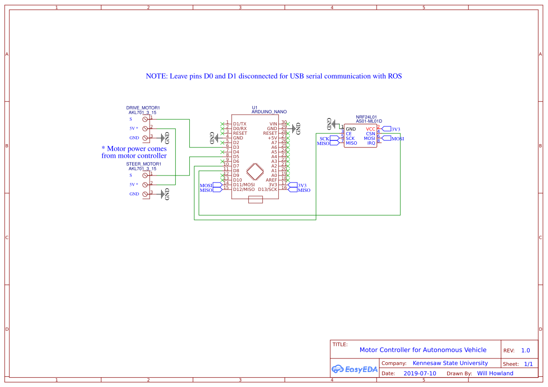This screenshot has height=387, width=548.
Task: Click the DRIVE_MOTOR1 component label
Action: click(143, 108)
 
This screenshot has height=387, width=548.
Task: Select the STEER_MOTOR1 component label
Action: click(143, 164)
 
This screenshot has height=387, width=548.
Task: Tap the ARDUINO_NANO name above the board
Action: click(269, 112)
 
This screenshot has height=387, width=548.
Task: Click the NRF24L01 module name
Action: click(367, 117)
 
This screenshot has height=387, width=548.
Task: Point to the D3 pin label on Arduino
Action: click(236, 147)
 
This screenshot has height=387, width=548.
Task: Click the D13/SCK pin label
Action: click(267, 190)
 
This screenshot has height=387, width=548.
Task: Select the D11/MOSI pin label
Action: click(244, 185)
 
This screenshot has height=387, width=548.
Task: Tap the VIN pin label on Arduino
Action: click(273, 124)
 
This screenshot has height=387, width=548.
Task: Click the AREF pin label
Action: click(271, 180)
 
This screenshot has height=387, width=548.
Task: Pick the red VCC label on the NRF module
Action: click(370, 129)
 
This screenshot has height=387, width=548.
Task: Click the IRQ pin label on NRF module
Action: click(371, 143)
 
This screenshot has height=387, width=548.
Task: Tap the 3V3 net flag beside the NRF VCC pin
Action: click(391, 129)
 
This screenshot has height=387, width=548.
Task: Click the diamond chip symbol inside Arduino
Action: click(255, 171)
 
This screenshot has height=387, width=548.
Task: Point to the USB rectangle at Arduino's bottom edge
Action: click(255, 200)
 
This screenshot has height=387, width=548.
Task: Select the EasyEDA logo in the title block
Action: click(354, 369)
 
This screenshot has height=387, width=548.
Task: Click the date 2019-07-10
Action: click(420, 373)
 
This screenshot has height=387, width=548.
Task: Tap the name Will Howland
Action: click(495, 373)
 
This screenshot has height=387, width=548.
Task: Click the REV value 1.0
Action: click(526, 350)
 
